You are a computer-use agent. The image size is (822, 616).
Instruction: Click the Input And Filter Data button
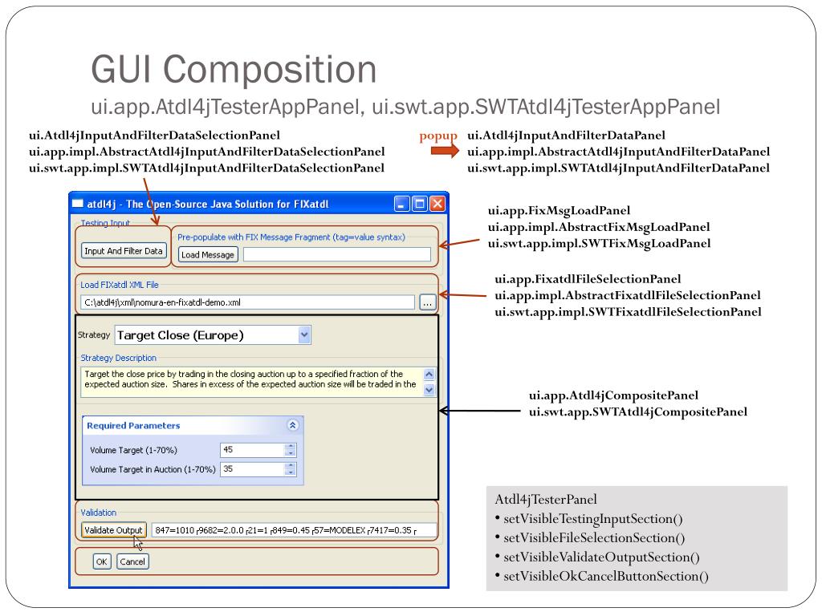pyautogui.click(x=124, y=251)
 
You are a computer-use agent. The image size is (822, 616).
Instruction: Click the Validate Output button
pyautogui.click(x=114, y=530)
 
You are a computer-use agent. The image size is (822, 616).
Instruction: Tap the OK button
pyautogui.click(x=101, y=561)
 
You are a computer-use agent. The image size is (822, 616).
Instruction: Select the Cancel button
pyautogui.click(x=132, y=561)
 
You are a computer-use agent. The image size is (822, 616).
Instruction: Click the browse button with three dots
pyautogui.click(x=427, y=302)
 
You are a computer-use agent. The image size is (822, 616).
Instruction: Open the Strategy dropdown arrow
pyautogui.click(x=303, y=335)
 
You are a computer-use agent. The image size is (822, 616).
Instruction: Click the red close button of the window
pyautogui.click(x=437, y=204)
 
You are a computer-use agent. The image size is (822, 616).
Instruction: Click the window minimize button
pyautogui.click(x=402, y=204)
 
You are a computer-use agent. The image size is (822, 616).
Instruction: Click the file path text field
pyautogui.click(x=247, y=302)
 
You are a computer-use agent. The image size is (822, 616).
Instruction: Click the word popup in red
pyautogui.click(x=437, y=136)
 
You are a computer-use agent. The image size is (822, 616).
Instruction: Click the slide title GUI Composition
pyautogui.click(x=234, y=69)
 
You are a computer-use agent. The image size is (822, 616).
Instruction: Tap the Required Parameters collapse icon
pyautogui.click(x=293, y=426)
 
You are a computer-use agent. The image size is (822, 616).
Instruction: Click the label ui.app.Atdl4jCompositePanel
pyautogui.click(x=613, y=395)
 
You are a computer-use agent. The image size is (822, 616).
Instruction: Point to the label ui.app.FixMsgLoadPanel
pyautogui.click(x=553, y=211)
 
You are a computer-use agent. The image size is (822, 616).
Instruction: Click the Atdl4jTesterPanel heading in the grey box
pyautogui.click(x=546, y=500)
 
